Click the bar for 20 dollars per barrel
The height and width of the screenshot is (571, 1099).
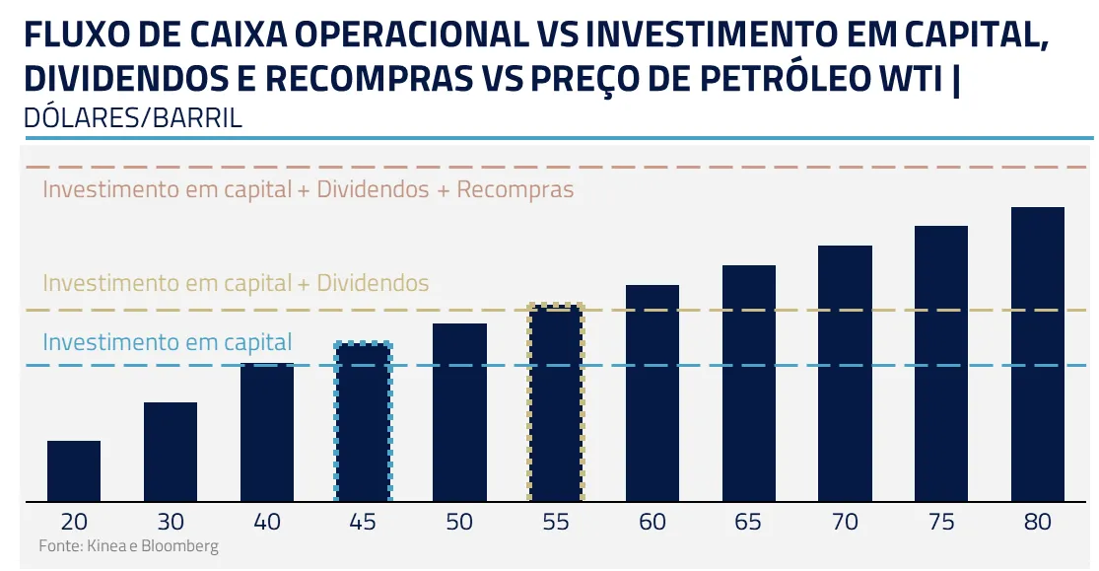pos(74,470)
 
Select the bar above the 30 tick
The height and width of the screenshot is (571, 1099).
pos(171,452)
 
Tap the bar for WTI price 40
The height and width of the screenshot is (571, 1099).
pos(267,432)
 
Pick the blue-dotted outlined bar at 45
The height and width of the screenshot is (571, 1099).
pos(364,422)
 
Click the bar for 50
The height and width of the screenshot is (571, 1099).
pos(460,412)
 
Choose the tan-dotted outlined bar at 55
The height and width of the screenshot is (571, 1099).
pos(557,403)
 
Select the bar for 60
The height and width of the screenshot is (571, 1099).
pos(653,393)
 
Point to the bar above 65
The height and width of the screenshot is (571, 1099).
pos(749,383)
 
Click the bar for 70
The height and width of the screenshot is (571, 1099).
pos(846,373)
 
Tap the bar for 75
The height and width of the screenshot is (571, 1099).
pos(941,363)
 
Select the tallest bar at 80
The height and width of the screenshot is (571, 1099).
pos(1038,354)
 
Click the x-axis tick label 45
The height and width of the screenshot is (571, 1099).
pos(364,523)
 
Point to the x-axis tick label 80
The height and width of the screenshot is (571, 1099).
pos(1038,523)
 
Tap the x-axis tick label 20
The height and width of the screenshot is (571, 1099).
pos(74,523)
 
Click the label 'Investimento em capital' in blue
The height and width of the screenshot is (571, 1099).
pos(168,343)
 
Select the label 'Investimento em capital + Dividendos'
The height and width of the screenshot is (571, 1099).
pos(236,284)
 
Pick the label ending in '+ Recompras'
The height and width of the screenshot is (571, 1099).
pos(308,189)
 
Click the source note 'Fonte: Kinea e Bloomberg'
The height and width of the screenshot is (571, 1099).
pos(128,545)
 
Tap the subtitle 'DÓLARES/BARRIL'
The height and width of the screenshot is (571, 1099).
pos(132,118)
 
